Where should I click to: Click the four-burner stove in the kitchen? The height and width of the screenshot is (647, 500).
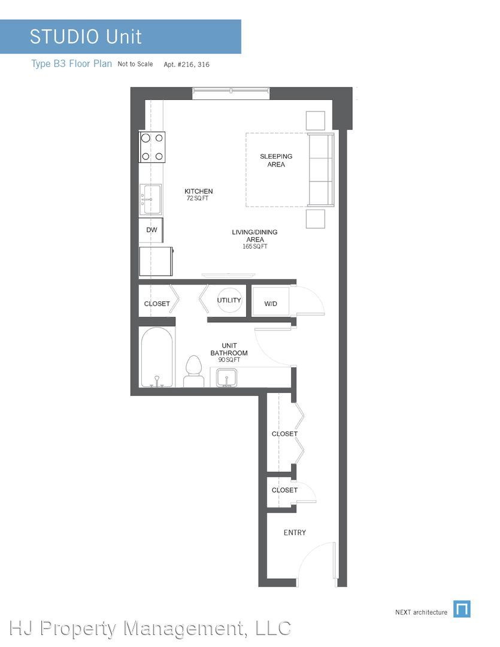(x=152, y=147)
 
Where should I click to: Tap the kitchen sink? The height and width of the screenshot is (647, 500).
(x=150, y=199)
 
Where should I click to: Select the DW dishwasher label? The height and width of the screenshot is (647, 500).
(x=152, y=230)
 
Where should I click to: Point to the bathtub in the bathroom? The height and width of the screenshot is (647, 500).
(x=156, y=357)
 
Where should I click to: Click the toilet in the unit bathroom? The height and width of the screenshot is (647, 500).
(x=193, y=371)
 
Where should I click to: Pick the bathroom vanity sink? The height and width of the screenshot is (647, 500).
(x=226, y=378)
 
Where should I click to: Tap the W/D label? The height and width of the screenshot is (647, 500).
(x=271, y=304)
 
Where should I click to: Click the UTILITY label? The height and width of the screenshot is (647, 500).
(x=229, y=300)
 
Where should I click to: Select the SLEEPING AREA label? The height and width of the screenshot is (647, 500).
(x=276, y=160)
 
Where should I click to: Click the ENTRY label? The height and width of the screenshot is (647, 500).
(x=295, y=533)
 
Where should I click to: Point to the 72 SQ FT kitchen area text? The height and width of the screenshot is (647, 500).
(x=198, y=198)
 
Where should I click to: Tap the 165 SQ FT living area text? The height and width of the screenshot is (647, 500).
(x=255, y=246)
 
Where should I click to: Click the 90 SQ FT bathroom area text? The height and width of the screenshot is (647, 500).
(x=229, y=360)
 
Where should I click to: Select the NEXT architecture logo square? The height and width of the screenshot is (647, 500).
(x=462, y=609)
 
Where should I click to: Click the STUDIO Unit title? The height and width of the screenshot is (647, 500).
(x=86, y=37)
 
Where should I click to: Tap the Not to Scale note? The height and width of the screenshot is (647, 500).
(x=135, y=64)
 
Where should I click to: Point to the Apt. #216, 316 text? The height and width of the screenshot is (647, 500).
(x=186, y=64)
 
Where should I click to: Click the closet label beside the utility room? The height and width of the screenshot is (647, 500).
(x=157, y=304)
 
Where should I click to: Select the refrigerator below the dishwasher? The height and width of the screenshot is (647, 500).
(x=156, y=261)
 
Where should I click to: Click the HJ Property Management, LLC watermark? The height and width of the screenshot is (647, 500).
(x=150, y=628)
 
